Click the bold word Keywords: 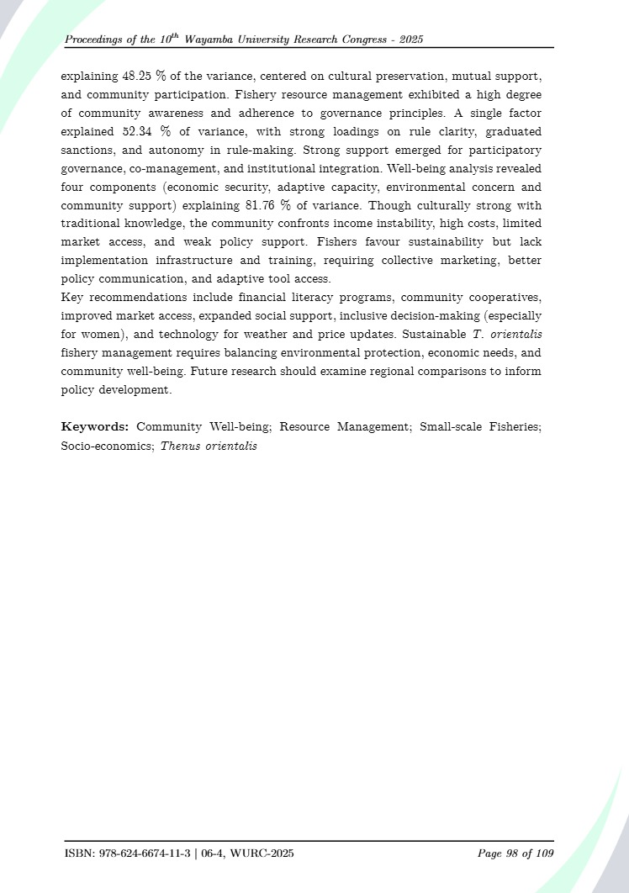pos(94,427)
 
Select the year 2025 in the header pos(411,40)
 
